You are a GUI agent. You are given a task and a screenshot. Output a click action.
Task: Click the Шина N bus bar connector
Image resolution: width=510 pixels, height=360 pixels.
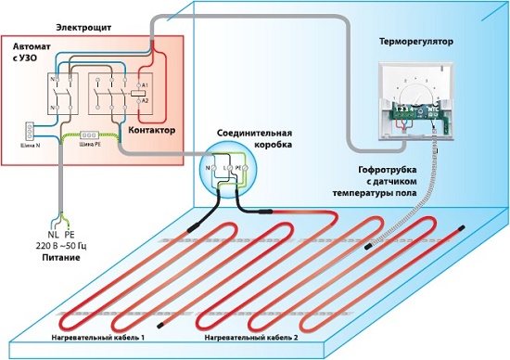(x=27, y=130)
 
